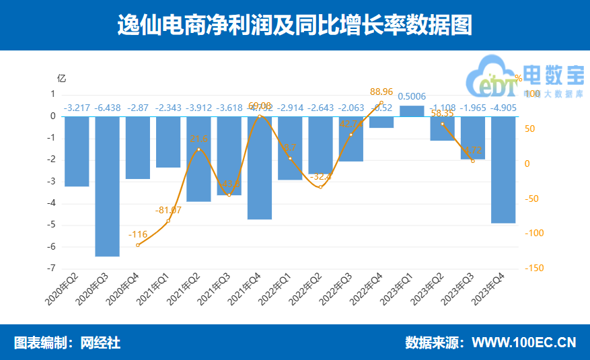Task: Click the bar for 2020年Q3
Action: click(x=107, y=186)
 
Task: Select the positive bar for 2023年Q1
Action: click(x=411, y=111)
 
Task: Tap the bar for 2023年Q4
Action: click(x=503, y=170)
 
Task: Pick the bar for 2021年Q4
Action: click(x=259, y=168)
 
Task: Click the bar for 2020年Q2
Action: click(x=77, y=151)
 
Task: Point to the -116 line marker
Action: click(x=138, y=245)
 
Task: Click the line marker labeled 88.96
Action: click(x=381, y=102)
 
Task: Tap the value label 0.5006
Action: click(x=411, y=97)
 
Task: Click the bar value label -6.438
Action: click(x=108, y=108)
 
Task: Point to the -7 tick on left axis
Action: click(x=52, y=268)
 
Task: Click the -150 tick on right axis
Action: click(x=536, y=268)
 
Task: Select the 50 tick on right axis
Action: click(x=531, y=129)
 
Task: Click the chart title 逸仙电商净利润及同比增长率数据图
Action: click(x=295, y=26)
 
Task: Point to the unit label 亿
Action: click(x=62, y=77)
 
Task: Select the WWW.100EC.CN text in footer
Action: click(x=523, y=343)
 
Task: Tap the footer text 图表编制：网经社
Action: click(x=67, y=343)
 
